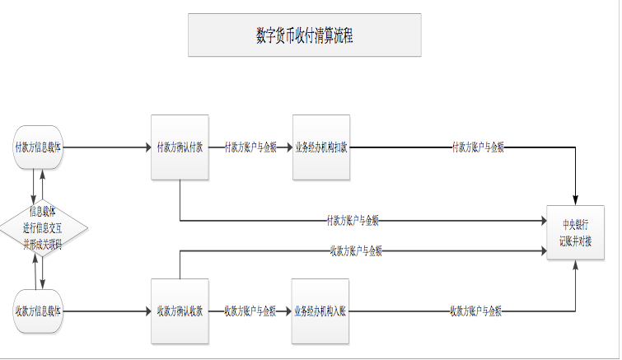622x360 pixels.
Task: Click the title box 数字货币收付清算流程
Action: pyautogui.click(x=304, y=35)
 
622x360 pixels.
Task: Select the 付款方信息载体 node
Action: pyautogui.click(x=39, y=148)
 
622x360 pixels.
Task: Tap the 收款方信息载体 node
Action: pyautogui.click(x=39, y=311)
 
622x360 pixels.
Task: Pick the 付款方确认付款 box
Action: pyautogui.click(x=180, y=147)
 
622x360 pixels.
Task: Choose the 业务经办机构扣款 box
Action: pyautogui.click(x=321, y=147)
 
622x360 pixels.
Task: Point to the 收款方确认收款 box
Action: pyautogui.click(x=180, y=311)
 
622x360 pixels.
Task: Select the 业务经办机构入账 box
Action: pyautogui.click(x=320, y=311)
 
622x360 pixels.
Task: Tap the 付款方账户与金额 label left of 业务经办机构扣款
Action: pyautogui.click(x=250, y=148)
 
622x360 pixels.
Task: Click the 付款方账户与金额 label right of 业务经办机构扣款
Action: pyautogui.click(x=478, y=147)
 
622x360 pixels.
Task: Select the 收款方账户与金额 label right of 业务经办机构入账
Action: pyautogui.click(x=475, y=311)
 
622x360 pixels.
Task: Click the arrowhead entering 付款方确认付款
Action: pyautogui.click(x=147, y=148)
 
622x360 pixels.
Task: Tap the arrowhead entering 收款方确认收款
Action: pyautogui.click(x=147, y=311)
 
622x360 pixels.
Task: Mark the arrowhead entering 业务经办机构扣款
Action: pyautogui.click(x=288, y=148)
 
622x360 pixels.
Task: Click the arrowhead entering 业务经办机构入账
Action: pyautogui.click(x=288, y=311)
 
